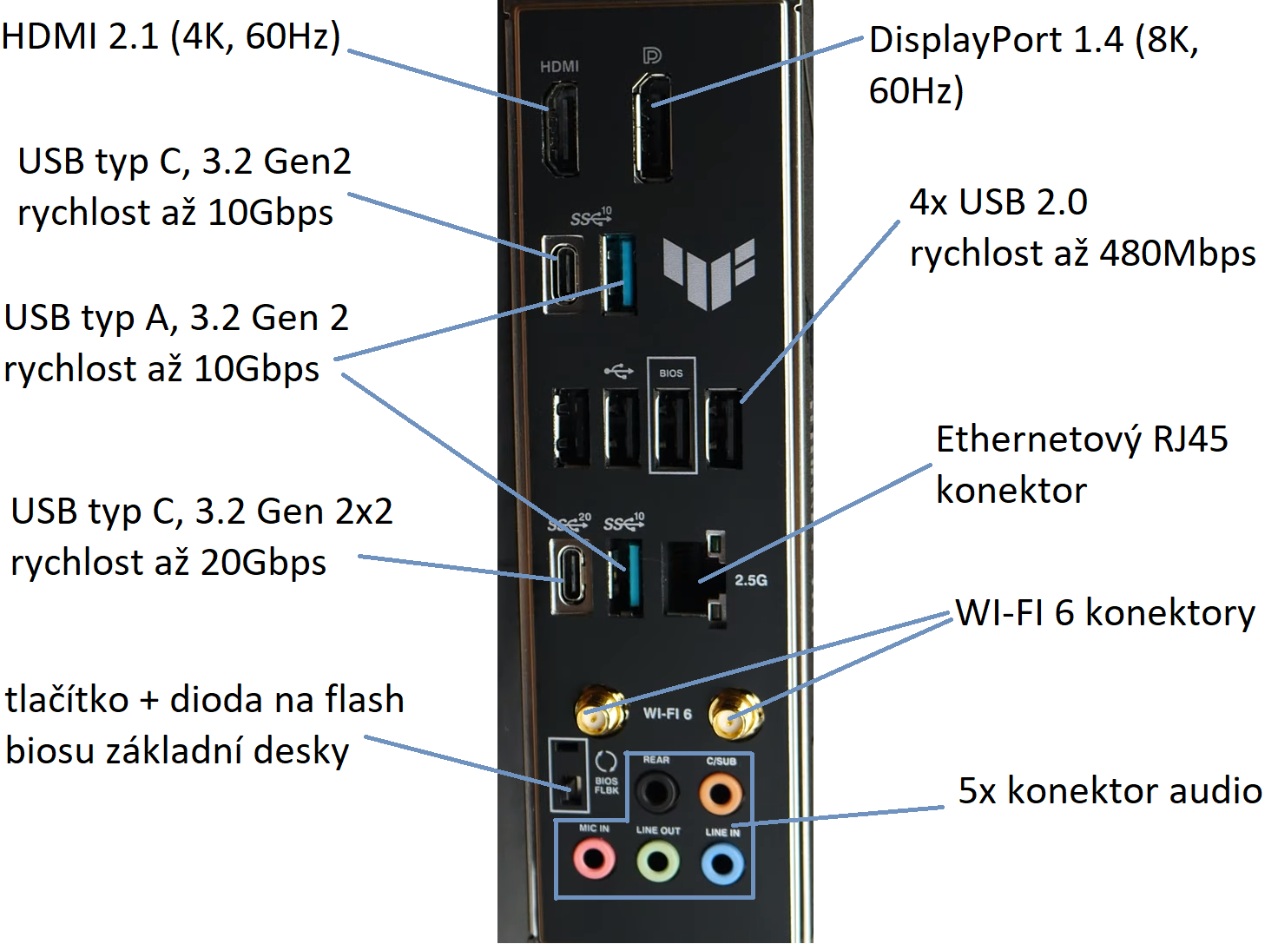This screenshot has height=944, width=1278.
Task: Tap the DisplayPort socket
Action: point(652,129)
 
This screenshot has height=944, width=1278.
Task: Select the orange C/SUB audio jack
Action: point(721,792)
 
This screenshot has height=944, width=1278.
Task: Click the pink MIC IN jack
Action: point(594,861)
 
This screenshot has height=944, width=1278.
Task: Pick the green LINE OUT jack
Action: point(658,862)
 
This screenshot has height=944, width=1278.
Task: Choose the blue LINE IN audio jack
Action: point(722,864)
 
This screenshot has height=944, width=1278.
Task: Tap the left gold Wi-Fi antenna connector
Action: point(600,712)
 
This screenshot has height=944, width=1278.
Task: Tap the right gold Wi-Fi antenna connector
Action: point(735,714)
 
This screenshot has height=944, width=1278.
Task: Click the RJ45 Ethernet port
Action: point(695,578)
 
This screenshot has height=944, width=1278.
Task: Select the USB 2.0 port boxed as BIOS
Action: point(672,428)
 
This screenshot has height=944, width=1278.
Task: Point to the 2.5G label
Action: point(751,579)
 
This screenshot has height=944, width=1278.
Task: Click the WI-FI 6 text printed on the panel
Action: point(667,713)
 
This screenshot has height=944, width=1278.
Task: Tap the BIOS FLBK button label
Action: point(606,785)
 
